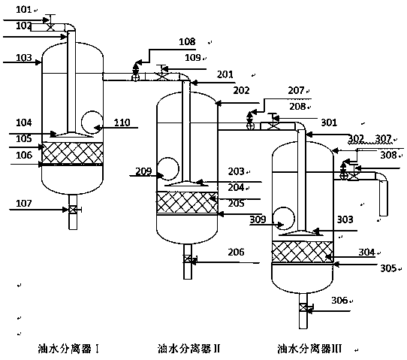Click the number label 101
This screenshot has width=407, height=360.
click(23, 10)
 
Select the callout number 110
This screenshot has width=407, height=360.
click(122, 123)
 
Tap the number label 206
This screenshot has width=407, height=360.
click(236, 252)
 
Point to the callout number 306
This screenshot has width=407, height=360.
click(339, 301)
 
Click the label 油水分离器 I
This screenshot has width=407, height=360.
click(68, 349)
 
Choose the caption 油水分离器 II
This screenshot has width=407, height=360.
click(188, 349)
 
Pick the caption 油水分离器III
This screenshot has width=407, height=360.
click(309, 349)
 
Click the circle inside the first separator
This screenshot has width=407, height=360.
click(82, 122)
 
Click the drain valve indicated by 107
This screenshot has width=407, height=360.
click(73, 210)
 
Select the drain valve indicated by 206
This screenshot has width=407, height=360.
click(188, 259)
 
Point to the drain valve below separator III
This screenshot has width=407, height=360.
click(303, 307)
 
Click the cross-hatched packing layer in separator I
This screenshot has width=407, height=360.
click(72, 153)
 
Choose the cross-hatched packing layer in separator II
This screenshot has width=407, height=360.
click(187, 202)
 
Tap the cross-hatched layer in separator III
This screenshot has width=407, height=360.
click(302, 252)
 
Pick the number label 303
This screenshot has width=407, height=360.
click(345, 219)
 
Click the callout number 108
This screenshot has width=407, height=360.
click(187, 41)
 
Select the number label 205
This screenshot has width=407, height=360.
click(236, 203)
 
